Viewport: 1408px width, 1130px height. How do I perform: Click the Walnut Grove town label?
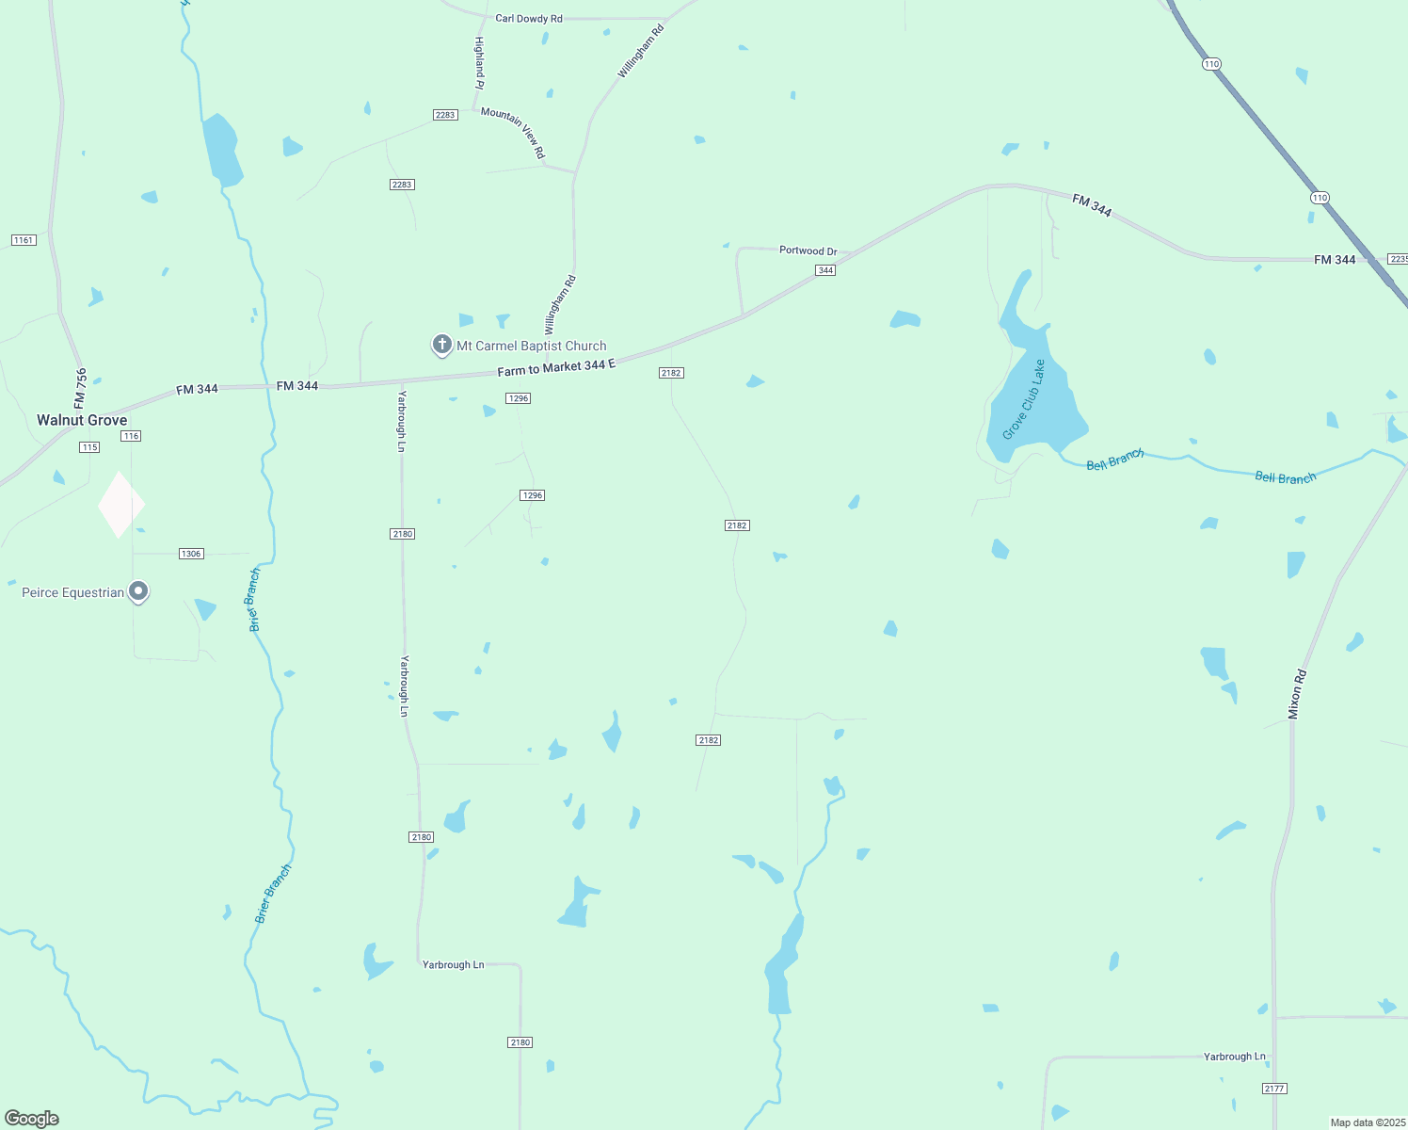82,420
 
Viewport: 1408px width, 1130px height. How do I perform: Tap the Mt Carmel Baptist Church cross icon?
441,345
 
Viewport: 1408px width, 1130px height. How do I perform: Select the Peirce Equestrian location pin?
138,591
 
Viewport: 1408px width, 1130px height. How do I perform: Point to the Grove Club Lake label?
1024,399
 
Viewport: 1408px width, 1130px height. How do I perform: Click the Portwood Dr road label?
808,250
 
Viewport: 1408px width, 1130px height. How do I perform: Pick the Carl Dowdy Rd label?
528,18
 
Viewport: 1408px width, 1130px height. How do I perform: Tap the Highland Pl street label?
479,63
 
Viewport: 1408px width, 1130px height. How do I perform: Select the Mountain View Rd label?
513,132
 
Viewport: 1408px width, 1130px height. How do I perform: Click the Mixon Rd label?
1297,695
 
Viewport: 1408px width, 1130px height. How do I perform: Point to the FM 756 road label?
81,388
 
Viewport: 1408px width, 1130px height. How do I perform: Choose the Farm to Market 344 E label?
555,366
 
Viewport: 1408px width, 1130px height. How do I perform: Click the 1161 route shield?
24,240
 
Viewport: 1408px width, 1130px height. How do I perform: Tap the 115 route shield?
89,447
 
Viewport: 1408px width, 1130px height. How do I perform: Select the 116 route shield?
131,436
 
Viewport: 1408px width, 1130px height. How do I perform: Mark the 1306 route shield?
191,554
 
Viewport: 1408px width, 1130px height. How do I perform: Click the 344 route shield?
825,270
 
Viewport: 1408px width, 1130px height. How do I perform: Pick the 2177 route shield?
1274,1089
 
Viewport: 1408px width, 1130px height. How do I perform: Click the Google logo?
32,1119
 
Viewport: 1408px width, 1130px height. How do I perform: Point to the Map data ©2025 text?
1368,1122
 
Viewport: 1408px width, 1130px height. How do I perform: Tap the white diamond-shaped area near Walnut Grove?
121,505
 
